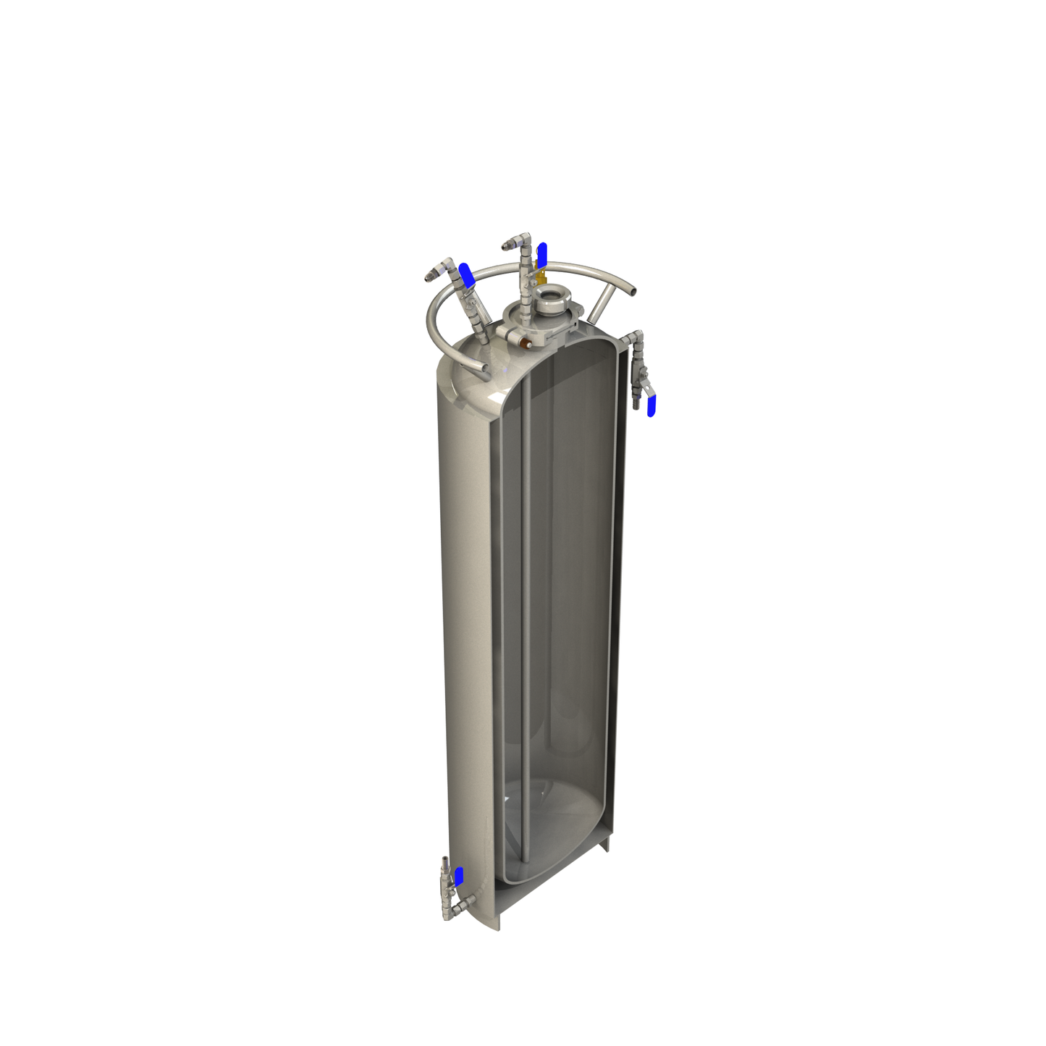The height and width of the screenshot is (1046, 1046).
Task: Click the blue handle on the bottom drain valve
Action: (458, 875)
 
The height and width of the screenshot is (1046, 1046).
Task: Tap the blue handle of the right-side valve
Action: (651, 406)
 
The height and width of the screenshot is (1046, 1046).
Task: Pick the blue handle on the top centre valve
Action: (541, 254)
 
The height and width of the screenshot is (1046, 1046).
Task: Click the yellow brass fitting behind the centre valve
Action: (539, 276)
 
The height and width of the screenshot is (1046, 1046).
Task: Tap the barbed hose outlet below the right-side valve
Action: (636, 398)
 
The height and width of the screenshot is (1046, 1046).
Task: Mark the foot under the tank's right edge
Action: (605, 844)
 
